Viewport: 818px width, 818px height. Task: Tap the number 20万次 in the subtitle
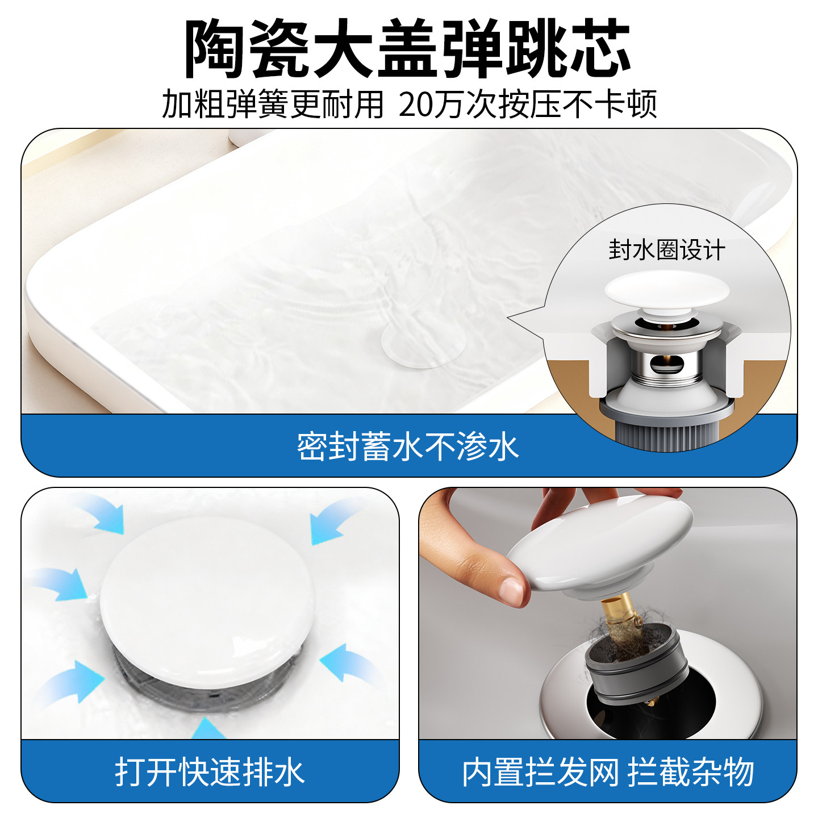[432, 105]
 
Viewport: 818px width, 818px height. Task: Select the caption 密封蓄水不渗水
[408, 446]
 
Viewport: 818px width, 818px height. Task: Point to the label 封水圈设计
[667, 250]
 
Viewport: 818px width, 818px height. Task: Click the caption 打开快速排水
[210, 771]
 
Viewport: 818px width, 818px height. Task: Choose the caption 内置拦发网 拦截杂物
[608, 771]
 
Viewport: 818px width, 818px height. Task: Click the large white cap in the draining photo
[207, 596]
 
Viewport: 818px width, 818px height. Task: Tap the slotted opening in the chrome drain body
[665, 364]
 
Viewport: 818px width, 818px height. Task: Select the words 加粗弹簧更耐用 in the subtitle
[273, 105]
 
